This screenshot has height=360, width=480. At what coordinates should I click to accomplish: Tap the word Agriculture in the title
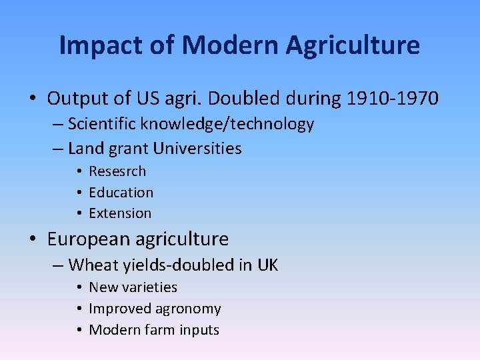[x=353, y=46]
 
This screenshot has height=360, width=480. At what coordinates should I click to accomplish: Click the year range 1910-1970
[x=393, y=99]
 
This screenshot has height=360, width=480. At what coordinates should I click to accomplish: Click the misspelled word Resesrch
[x=117, y=171]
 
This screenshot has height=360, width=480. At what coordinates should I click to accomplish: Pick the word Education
[x=121, y=193]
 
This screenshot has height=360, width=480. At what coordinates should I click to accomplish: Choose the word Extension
[x=120, y=213]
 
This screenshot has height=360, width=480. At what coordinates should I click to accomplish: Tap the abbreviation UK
[x=267, y=265]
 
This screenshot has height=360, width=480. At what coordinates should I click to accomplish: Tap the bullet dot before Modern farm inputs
[x=79, y=331]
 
